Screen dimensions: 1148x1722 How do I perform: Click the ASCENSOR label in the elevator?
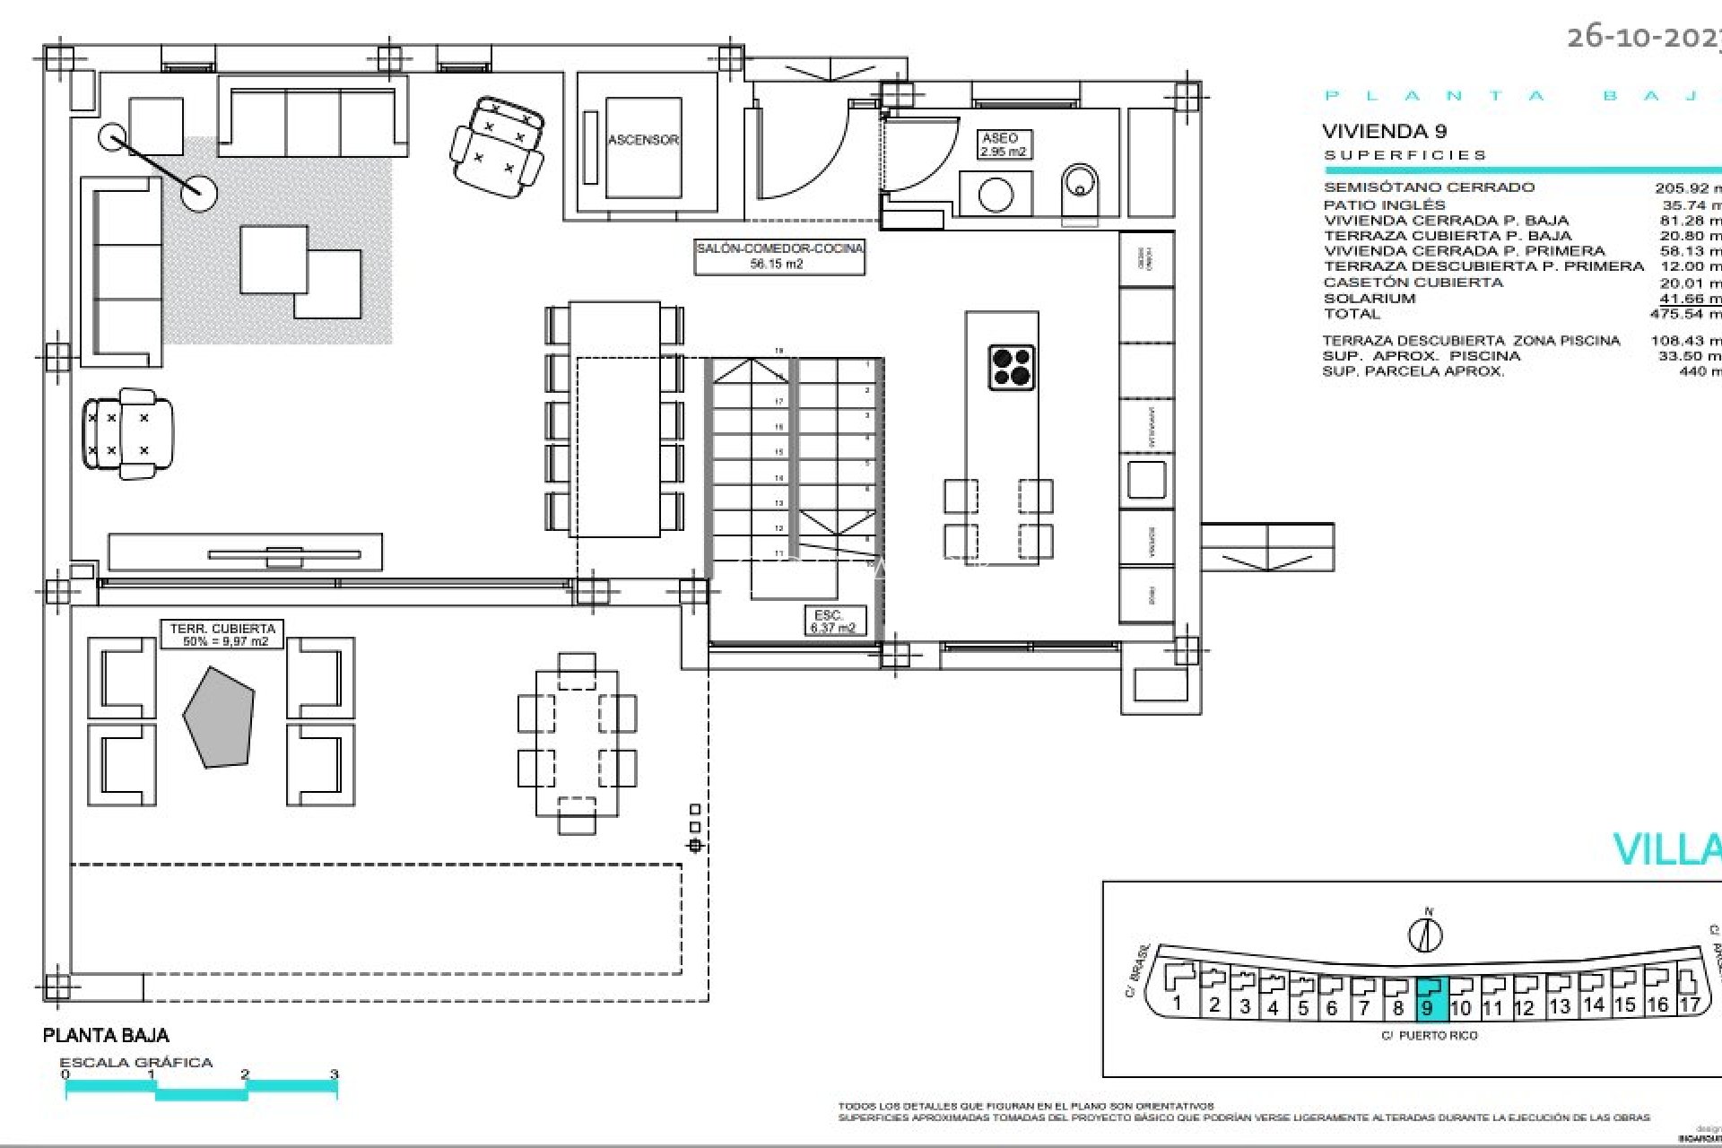(x=643, y=140)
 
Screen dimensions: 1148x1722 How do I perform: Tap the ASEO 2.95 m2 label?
(x=1002, y=144)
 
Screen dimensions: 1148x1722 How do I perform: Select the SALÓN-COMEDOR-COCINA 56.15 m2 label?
(x=778, y=256)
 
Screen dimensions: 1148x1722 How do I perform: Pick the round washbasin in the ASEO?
(x=996, y=195)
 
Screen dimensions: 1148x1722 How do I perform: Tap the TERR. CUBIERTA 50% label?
(x=222, y=634)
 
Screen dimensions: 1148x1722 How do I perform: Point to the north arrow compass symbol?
(x=1425, y=932)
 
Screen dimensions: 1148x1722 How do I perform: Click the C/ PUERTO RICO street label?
(x=1429, y=1035)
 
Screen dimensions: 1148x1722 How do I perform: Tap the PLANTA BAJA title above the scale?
(x=106, y=1036)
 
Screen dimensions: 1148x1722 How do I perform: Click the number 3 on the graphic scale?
(x=335, y=1074)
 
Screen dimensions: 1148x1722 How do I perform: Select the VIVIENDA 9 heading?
(x=1384, y=132)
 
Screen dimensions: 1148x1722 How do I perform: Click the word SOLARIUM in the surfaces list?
(x=1369, y=299)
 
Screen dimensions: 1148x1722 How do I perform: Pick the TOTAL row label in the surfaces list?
(x=1352, y=314)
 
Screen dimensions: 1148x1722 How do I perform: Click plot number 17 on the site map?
(x=1689, y=1004)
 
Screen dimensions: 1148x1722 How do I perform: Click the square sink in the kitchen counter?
(x=1145, y=479)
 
